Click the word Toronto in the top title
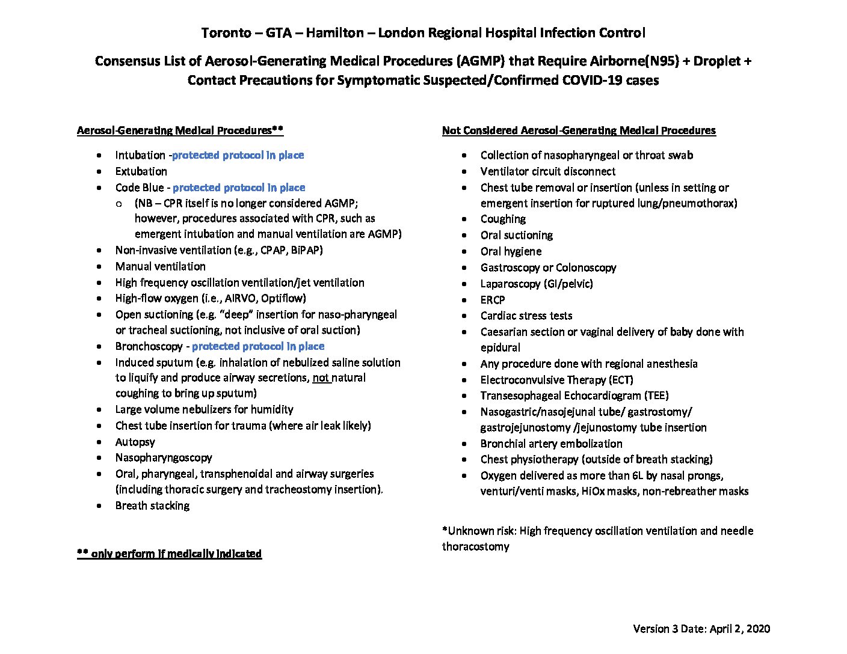(x=226, y=33)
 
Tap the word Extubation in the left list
(x=141, y=171)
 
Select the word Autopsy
(x=135, y=442)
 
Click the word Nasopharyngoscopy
(x=164, y=458)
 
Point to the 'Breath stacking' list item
(x=152, y=506)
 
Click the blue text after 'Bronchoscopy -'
(x=258, y=347)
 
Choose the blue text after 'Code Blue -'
(x=239, y=188)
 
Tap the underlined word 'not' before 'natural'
(x=321, y=378)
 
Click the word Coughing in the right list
(x=503, y=219)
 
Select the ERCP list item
(x=493, y=300)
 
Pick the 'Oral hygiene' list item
(x=511, y=251)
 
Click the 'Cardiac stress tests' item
(x=526, y=316)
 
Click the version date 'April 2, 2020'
(x=739, y=629)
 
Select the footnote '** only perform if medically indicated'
(x=169, y=554)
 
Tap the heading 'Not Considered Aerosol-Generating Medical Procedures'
(x=579, y=130)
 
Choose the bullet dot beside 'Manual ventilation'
(x=99, y=267)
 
